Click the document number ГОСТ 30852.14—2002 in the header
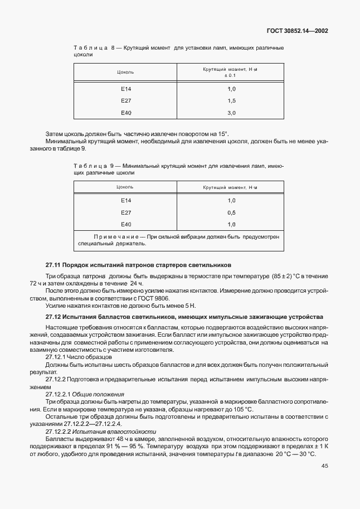tap(296, 31)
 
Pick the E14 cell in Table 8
tap(126, 89)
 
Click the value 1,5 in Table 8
tap(231, 101)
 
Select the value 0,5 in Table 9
tap(231, 212)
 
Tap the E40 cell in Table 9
tap(126, 224)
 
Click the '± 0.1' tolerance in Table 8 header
tap(230, 75)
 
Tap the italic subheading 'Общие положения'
tap(93, 394)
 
